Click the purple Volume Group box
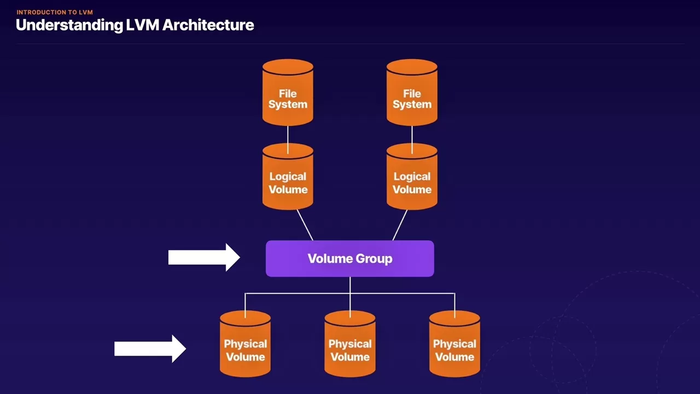(x=349, y=259)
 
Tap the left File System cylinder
(x=288, y=93)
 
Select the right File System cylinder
(x=412, y=93)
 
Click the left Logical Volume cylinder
(x=288, y=177)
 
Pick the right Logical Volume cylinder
(x=412, y=177)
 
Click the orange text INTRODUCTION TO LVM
(x=55, y=12)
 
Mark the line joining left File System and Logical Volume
(x=288, y=136)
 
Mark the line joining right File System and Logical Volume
(x=412, y=136)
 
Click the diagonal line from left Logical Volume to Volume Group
(x=305, y=225)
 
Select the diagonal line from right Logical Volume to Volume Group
(x=400, y=225)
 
